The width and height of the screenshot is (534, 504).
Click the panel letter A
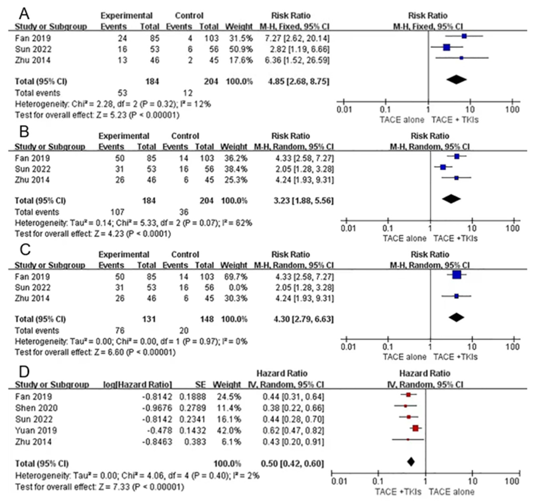coord(24,13)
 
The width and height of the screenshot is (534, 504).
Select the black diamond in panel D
coord(411,462)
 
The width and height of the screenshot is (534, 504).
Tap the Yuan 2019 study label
coord(36,430)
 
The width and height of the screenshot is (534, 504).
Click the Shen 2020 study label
coord(36,408)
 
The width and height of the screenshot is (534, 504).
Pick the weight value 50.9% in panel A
coord(241,49)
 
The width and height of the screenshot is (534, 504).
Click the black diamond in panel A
coord(456,79)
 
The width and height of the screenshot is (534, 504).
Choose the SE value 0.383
coord(195,442)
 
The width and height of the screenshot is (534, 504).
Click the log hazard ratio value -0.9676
coord(157,408)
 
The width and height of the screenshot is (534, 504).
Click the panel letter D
coord(24,372)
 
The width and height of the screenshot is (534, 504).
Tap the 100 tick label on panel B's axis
coord(513,228)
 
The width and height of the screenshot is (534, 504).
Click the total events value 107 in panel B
coord(117,212)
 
